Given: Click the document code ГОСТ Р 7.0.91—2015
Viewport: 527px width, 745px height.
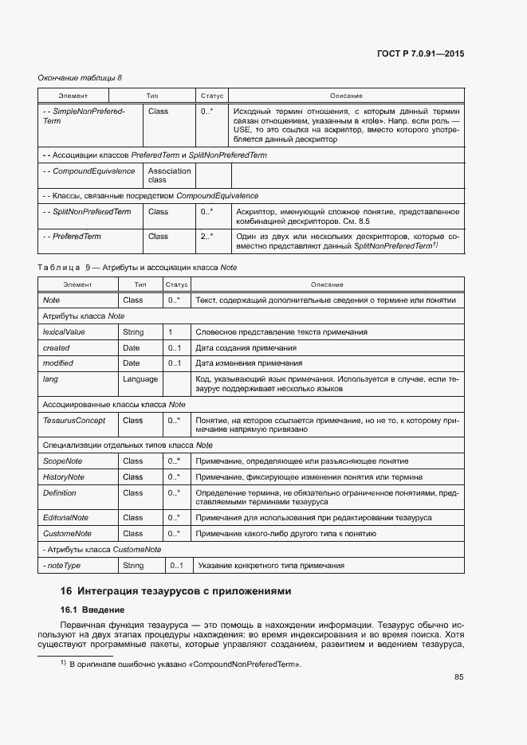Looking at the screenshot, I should click(x=420, y=53).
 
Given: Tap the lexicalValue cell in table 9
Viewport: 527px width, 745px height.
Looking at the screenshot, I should click(x=64, y=331).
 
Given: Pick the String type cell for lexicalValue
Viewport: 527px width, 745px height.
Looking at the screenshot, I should click(x=133, y=331).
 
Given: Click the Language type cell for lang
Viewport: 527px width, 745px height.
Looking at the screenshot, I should click(x=140, y=379).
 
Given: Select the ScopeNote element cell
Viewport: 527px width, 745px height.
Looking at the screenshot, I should click(x=62, y=461).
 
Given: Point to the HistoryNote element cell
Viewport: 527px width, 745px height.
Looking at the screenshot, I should click(x=64, y=477).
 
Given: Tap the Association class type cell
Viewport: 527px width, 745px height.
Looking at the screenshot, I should click(x=169, y=175).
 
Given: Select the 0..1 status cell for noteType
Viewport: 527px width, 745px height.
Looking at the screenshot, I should click(x=176, y=566).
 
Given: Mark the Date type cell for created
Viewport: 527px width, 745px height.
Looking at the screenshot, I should click(x=131, y=347).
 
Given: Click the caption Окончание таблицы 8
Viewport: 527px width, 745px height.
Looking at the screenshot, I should click(x=81, y=77).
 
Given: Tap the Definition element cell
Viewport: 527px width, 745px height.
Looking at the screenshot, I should click(x=60, y=493).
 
